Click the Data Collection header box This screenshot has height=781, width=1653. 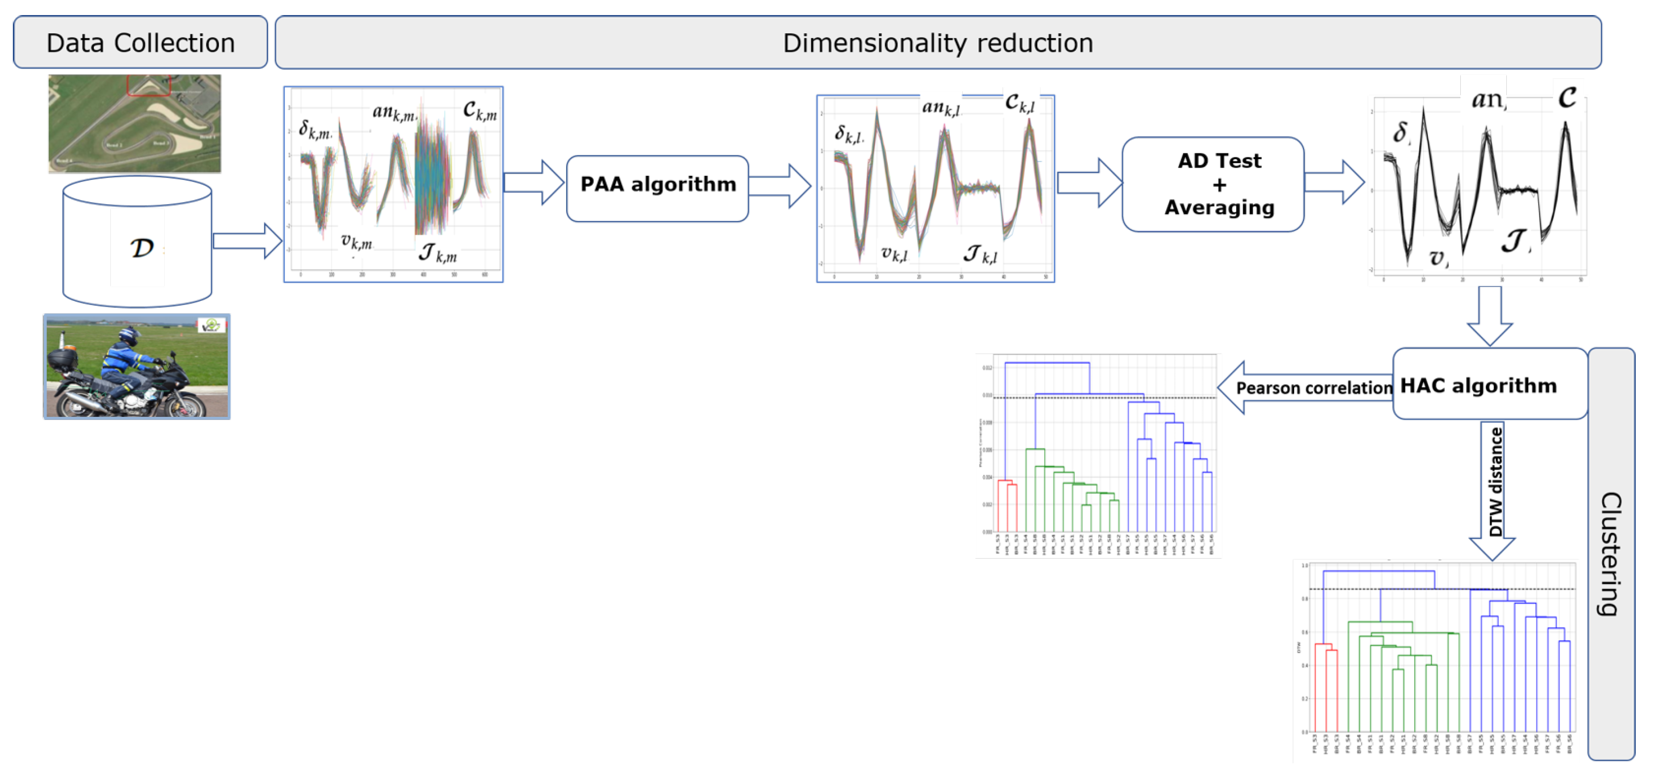coord(140,43)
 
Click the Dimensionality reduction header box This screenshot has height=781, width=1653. coord(937,43)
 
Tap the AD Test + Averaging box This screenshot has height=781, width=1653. coord(1212,184)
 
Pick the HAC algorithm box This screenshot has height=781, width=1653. coord(1489,385)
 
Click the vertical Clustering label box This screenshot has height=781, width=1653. coord(1610,553)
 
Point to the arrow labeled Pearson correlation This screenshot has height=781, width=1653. coord(1303,388)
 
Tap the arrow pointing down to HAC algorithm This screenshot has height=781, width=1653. coord(1490,315)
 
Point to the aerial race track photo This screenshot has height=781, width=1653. coord(135,123)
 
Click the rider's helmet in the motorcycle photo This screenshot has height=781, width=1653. coord(130,335)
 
